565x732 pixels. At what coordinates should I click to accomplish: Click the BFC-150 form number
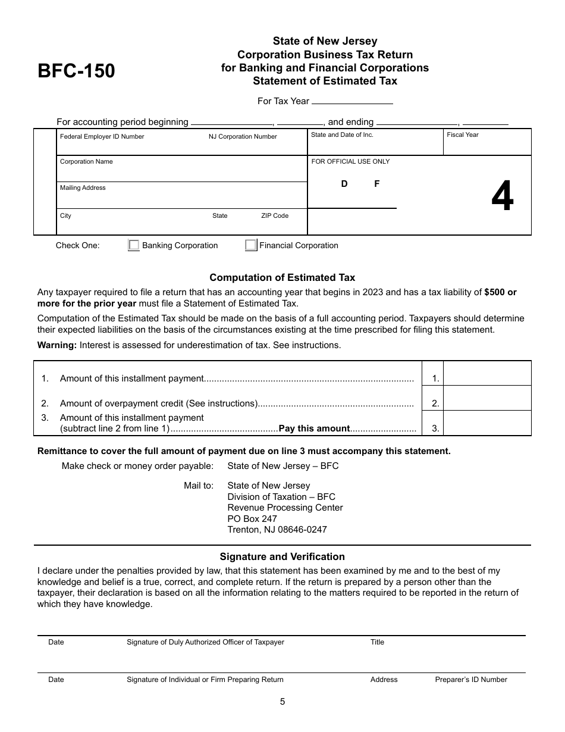[x=76, y=71]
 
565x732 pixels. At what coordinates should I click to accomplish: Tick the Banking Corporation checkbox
[x=134, y=245]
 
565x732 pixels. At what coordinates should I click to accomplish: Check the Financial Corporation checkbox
[x=251, y=245]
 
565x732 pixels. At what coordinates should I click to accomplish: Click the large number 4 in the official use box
[x=503, y=198]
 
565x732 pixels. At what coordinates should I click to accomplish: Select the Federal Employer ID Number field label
[x=102, y=136]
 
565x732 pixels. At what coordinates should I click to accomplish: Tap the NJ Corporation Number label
[x=243, y=136]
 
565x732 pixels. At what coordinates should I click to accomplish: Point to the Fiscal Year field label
[x=463, y=134]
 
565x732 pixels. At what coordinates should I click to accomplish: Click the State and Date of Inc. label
[x=342, y=134]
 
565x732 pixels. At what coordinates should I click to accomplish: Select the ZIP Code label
[x=275, y=215]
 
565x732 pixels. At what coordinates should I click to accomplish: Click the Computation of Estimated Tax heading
[x=282, y=277]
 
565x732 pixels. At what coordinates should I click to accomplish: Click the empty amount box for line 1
[x=488, y=374]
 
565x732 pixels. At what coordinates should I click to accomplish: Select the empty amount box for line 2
[x=488, y=398]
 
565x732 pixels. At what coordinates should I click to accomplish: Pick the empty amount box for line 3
[x=488, y=423]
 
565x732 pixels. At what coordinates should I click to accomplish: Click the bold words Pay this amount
[x=314, y=428]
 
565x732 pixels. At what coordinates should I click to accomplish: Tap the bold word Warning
[x=57, y=345]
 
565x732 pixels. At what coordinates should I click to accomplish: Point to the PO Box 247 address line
[x=252, y=519]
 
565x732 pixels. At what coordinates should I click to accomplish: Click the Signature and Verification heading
[x=282, y=557]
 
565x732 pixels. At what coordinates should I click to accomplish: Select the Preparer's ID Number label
[x=471, y=680]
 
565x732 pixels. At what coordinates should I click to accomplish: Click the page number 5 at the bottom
[x=282, y=702]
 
